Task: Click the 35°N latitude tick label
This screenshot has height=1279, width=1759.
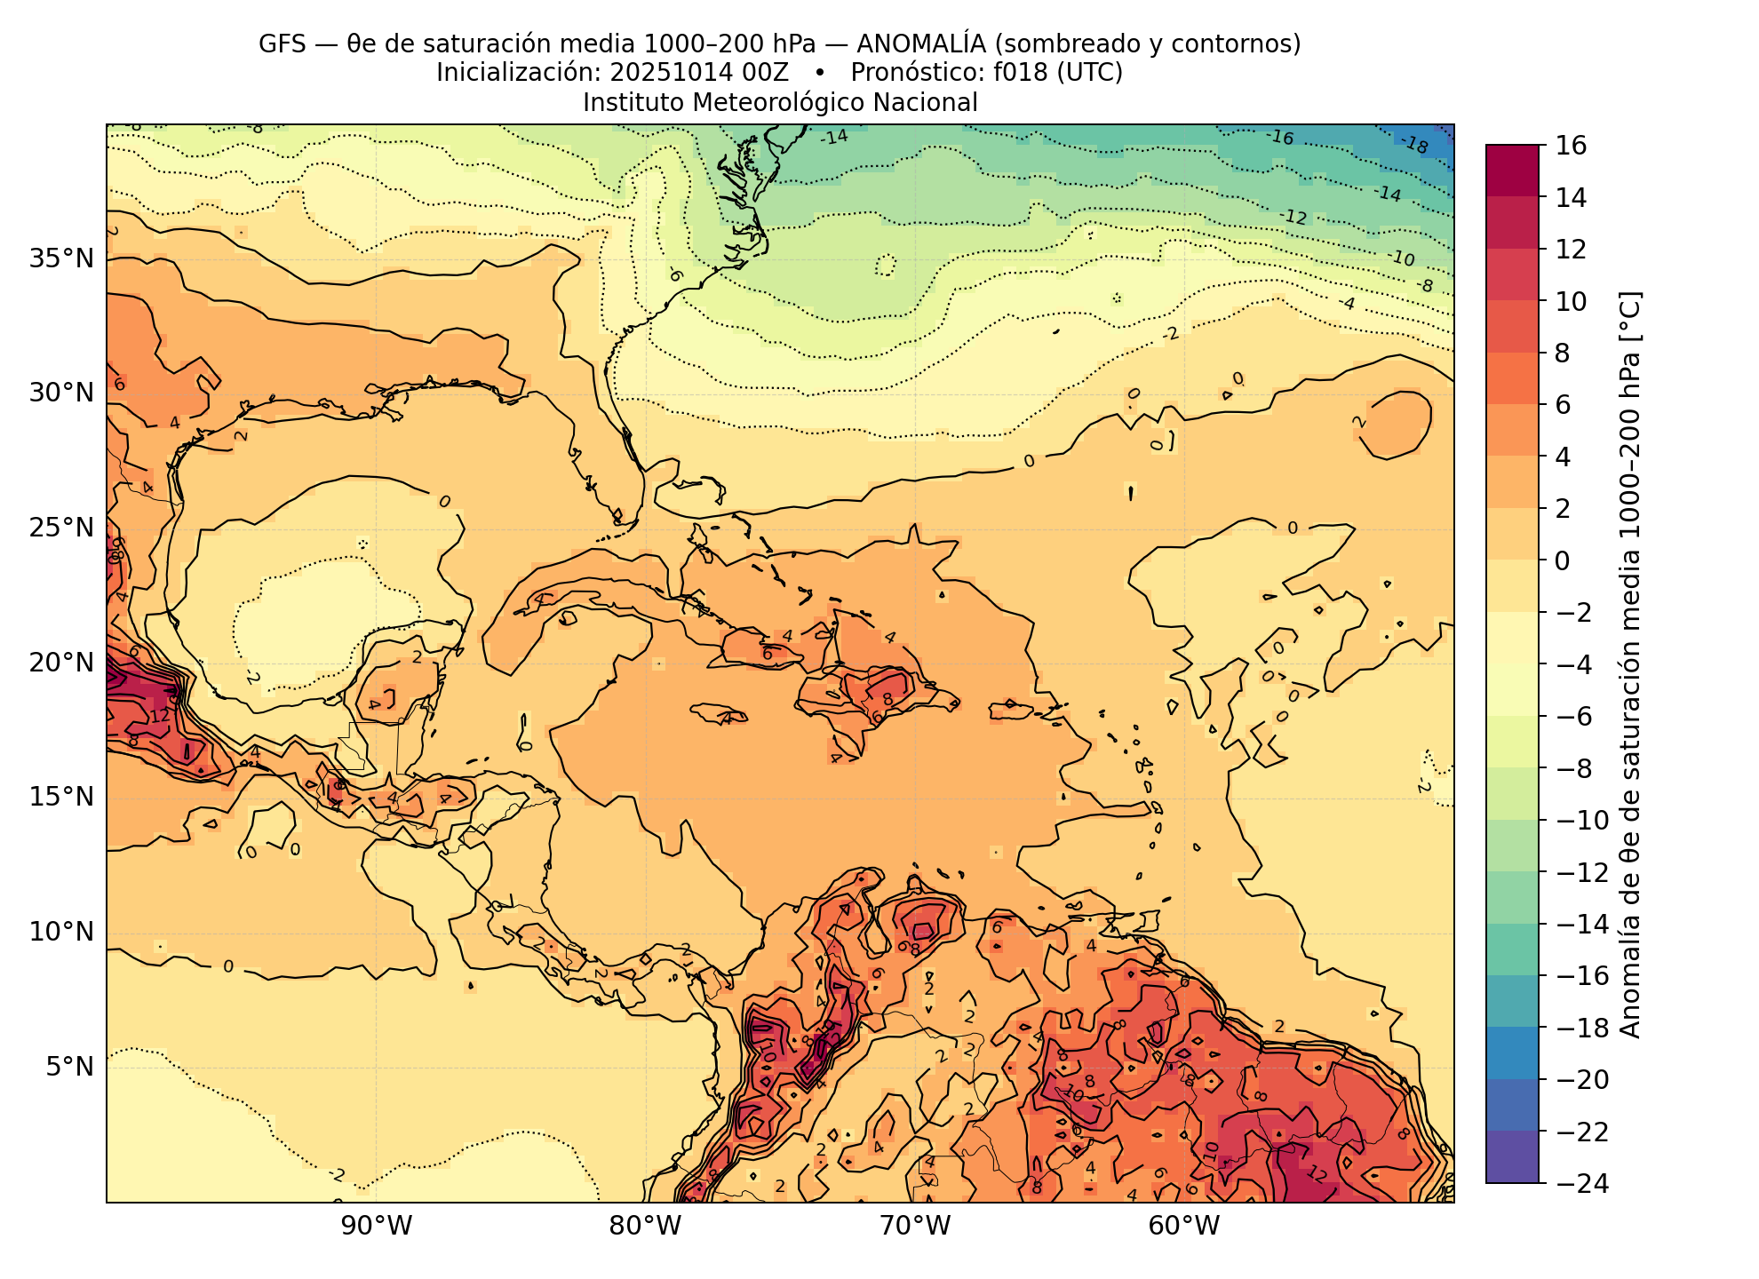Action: click(61, 259)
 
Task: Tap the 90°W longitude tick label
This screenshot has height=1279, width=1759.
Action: click(376, 1227)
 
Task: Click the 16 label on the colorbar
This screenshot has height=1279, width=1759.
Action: click(1572, 146)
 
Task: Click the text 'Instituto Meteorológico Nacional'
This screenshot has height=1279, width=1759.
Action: click(780, 103)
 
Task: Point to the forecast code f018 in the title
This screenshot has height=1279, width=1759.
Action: click(1021, 73)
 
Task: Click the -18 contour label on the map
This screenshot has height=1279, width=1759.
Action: click(1413, 144)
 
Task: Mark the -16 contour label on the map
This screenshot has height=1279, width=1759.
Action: click(1280, 138)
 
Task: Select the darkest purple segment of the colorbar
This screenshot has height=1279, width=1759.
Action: click(1512, 1156)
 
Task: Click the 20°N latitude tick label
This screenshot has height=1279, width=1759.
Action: click(61, 663)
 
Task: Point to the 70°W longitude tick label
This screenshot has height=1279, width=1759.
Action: click(914, 1227)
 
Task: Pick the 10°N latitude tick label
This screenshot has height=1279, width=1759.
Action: click(61, 932)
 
